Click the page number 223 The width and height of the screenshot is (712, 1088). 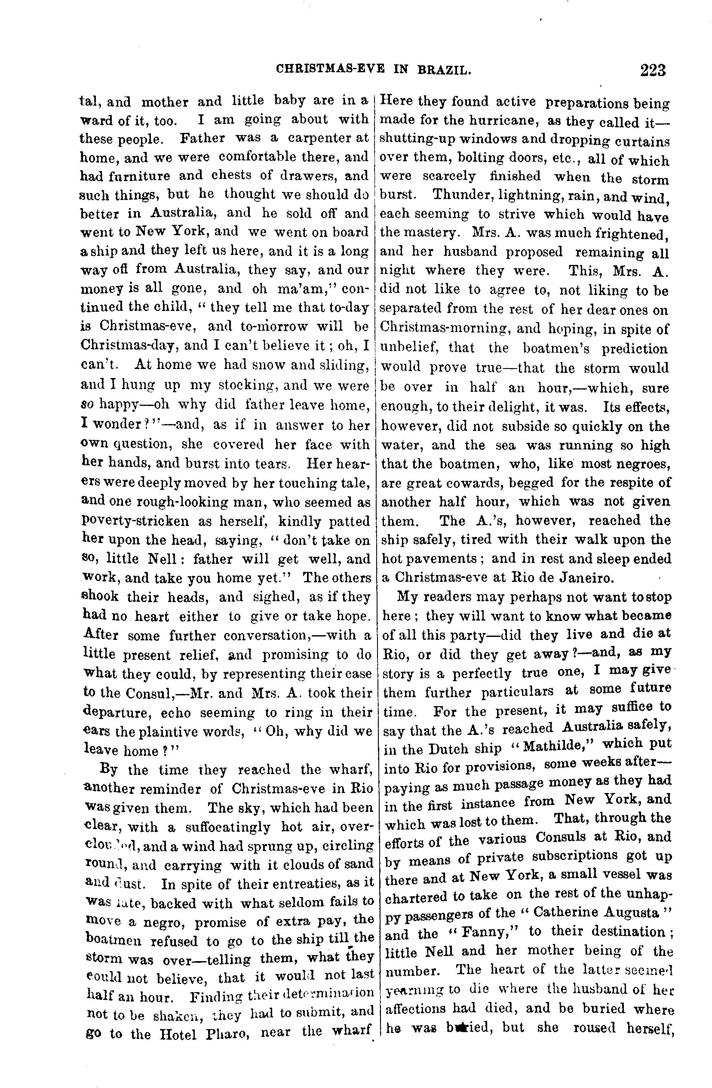tap(653, 70)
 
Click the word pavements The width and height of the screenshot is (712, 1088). tap(445, 559)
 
